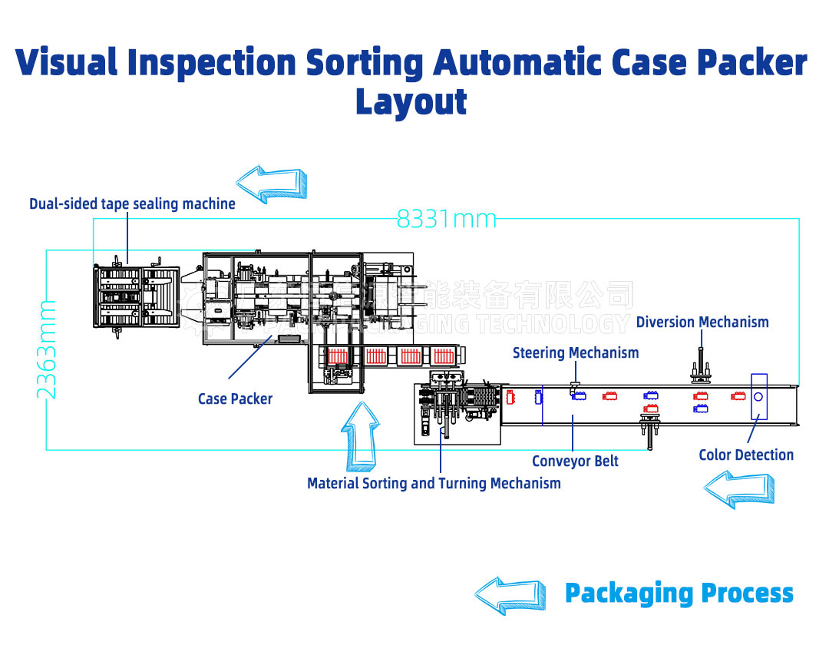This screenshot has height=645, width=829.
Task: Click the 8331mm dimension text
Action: point(446,220)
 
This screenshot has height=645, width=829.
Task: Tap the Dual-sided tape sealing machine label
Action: point(132,203)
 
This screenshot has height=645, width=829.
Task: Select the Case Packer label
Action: point(235,399)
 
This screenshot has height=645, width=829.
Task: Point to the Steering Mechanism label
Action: point(576,353)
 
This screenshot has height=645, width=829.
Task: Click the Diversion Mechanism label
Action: point(702,322)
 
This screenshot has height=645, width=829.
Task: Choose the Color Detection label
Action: point(745,455)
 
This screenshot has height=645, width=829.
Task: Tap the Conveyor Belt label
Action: point(575,461)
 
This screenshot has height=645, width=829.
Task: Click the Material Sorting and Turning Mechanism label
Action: point(434,483)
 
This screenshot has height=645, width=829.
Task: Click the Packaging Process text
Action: point(679,593)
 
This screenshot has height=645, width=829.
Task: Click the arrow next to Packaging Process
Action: point(509,594)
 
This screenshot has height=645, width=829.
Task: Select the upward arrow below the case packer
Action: point(360,435)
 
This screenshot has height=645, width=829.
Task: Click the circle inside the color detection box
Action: point(758,396)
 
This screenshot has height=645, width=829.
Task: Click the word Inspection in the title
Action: point(211,63)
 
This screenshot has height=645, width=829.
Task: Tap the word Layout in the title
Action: point(411,102)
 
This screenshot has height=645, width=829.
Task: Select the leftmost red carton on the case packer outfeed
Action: point(339,357)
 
